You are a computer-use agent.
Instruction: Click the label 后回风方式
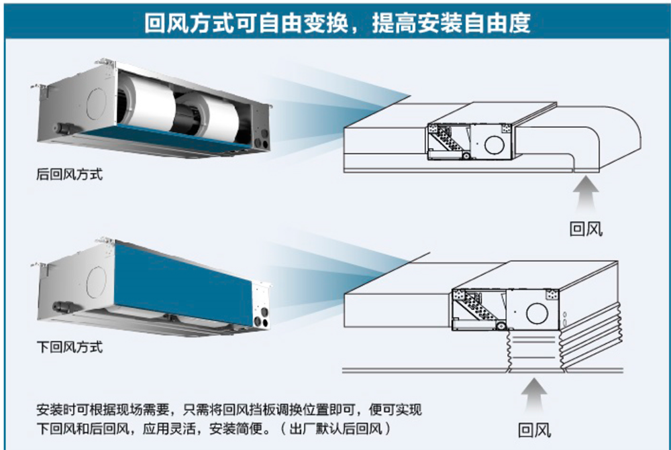pos(69,176)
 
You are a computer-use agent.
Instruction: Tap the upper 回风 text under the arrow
pos(586,229)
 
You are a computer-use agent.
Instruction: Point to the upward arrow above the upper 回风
pos(586,191)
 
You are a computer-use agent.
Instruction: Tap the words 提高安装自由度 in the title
pos(453,23)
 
